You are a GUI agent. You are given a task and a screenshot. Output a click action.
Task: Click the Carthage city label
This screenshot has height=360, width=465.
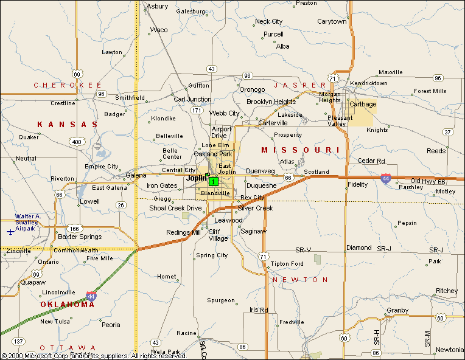tap(363, 104)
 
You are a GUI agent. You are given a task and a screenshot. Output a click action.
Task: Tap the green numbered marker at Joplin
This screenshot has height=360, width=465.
tap(213, 181)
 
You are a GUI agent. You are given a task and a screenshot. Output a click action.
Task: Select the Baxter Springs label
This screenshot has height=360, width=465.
tap(80, 236)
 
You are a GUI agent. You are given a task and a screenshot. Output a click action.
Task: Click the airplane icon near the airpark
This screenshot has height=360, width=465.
tap(10, 231)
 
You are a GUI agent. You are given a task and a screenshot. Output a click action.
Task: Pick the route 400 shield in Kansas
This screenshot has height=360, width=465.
tap(76, 142)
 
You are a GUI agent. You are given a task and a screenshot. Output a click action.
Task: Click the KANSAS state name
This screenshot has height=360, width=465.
tap(67, 124)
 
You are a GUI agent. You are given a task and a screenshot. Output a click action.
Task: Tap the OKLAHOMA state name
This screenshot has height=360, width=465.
tap(68, 304)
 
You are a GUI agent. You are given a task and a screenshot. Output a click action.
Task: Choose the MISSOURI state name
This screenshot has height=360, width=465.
tap(300, 150)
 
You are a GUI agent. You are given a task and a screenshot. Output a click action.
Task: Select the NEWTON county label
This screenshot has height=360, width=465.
tap(300, 280)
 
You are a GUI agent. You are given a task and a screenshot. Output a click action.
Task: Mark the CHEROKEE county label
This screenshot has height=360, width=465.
tap(68, 85)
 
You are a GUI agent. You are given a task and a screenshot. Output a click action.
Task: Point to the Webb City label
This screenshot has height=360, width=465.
tap(225, 113)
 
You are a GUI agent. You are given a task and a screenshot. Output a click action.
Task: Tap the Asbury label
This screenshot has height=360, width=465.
tap(158, 6)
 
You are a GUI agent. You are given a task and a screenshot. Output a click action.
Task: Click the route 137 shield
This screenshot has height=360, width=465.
tap(19, 341)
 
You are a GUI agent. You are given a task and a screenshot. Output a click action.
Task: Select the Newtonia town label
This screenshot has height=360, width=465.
tap(450, 350)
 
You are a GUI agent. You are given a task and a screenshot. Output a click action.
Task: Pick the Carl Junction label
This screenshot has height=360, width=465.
tap(192, 99)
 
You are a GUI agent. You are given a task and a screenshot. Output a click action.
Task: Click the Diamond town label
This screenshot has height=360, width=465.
tap(358, 247)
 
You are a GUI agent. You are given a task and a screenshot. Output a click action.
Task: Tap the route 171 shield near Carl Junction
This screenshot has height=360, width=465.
tap(196, 111)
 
